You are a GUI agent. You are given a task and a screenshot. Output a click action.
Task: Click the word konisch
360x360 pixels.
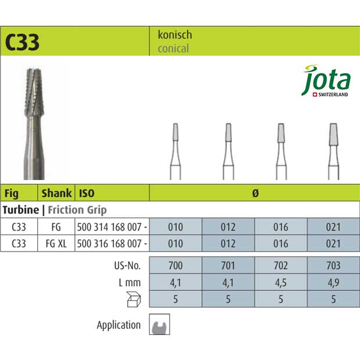[175, 35]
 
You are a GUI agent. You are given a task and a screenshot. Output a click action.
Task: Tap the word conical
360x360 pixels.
[173, 49]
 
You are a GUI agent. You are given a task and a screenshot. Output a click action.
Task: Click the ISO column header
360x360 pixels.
[87, 193]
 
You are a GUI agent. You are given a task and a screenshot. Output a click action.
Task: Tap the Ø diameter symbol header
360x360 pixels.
[254, 193]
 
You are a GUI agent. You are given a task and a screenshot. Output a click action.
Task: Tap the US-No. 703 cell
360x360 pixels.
[333, 265]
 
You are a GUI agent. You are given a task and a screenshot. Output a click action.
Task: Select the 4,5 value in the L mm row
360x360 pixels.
[280, 282]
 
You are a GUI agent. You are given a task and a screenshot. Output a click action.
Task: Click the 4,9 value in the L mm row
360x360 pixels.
[333, 282]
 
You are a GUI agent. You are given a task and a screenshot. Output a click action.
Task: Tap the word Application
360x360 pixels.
[118, 325]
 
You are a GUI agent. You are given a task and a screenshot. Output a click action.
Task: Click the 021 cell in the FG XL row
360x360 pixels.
[333, 244]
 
